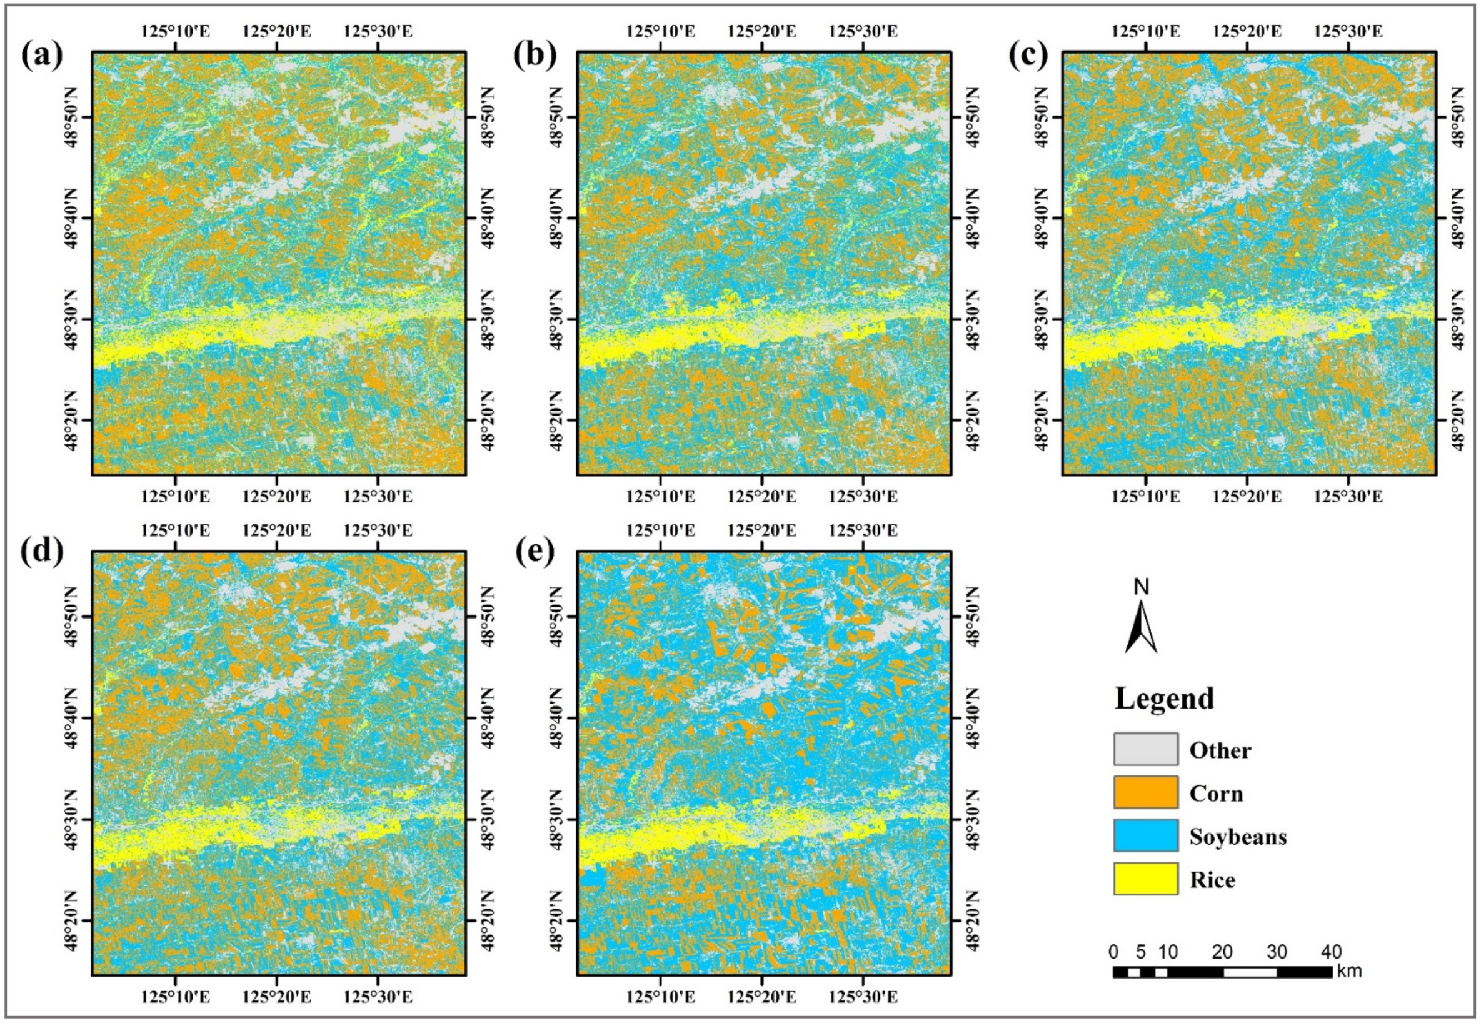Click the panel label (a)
pos(43,57)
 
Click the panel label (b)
pos(535,57)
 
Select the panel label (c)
pos(1027,57)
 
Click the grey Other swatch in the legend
pos(1145,749)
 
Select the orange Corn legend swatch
pos(1145,792)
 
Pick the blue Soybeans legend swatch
pos(1145,835)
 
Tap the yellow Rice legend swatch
pos(1145,878)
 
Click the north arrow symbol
pos(1141,627)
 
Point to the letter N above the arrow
pos(1141,587)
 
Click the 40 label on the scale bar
pos(1330,952)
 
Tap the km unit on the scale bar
pos(1349,971)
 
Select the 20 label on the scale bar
pos(1222,952)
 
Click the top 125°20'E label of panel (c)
pos(1247,31)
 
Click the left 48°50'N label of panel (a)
pos(72,117)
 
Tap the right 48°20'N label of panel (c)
pos(1460,421)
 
